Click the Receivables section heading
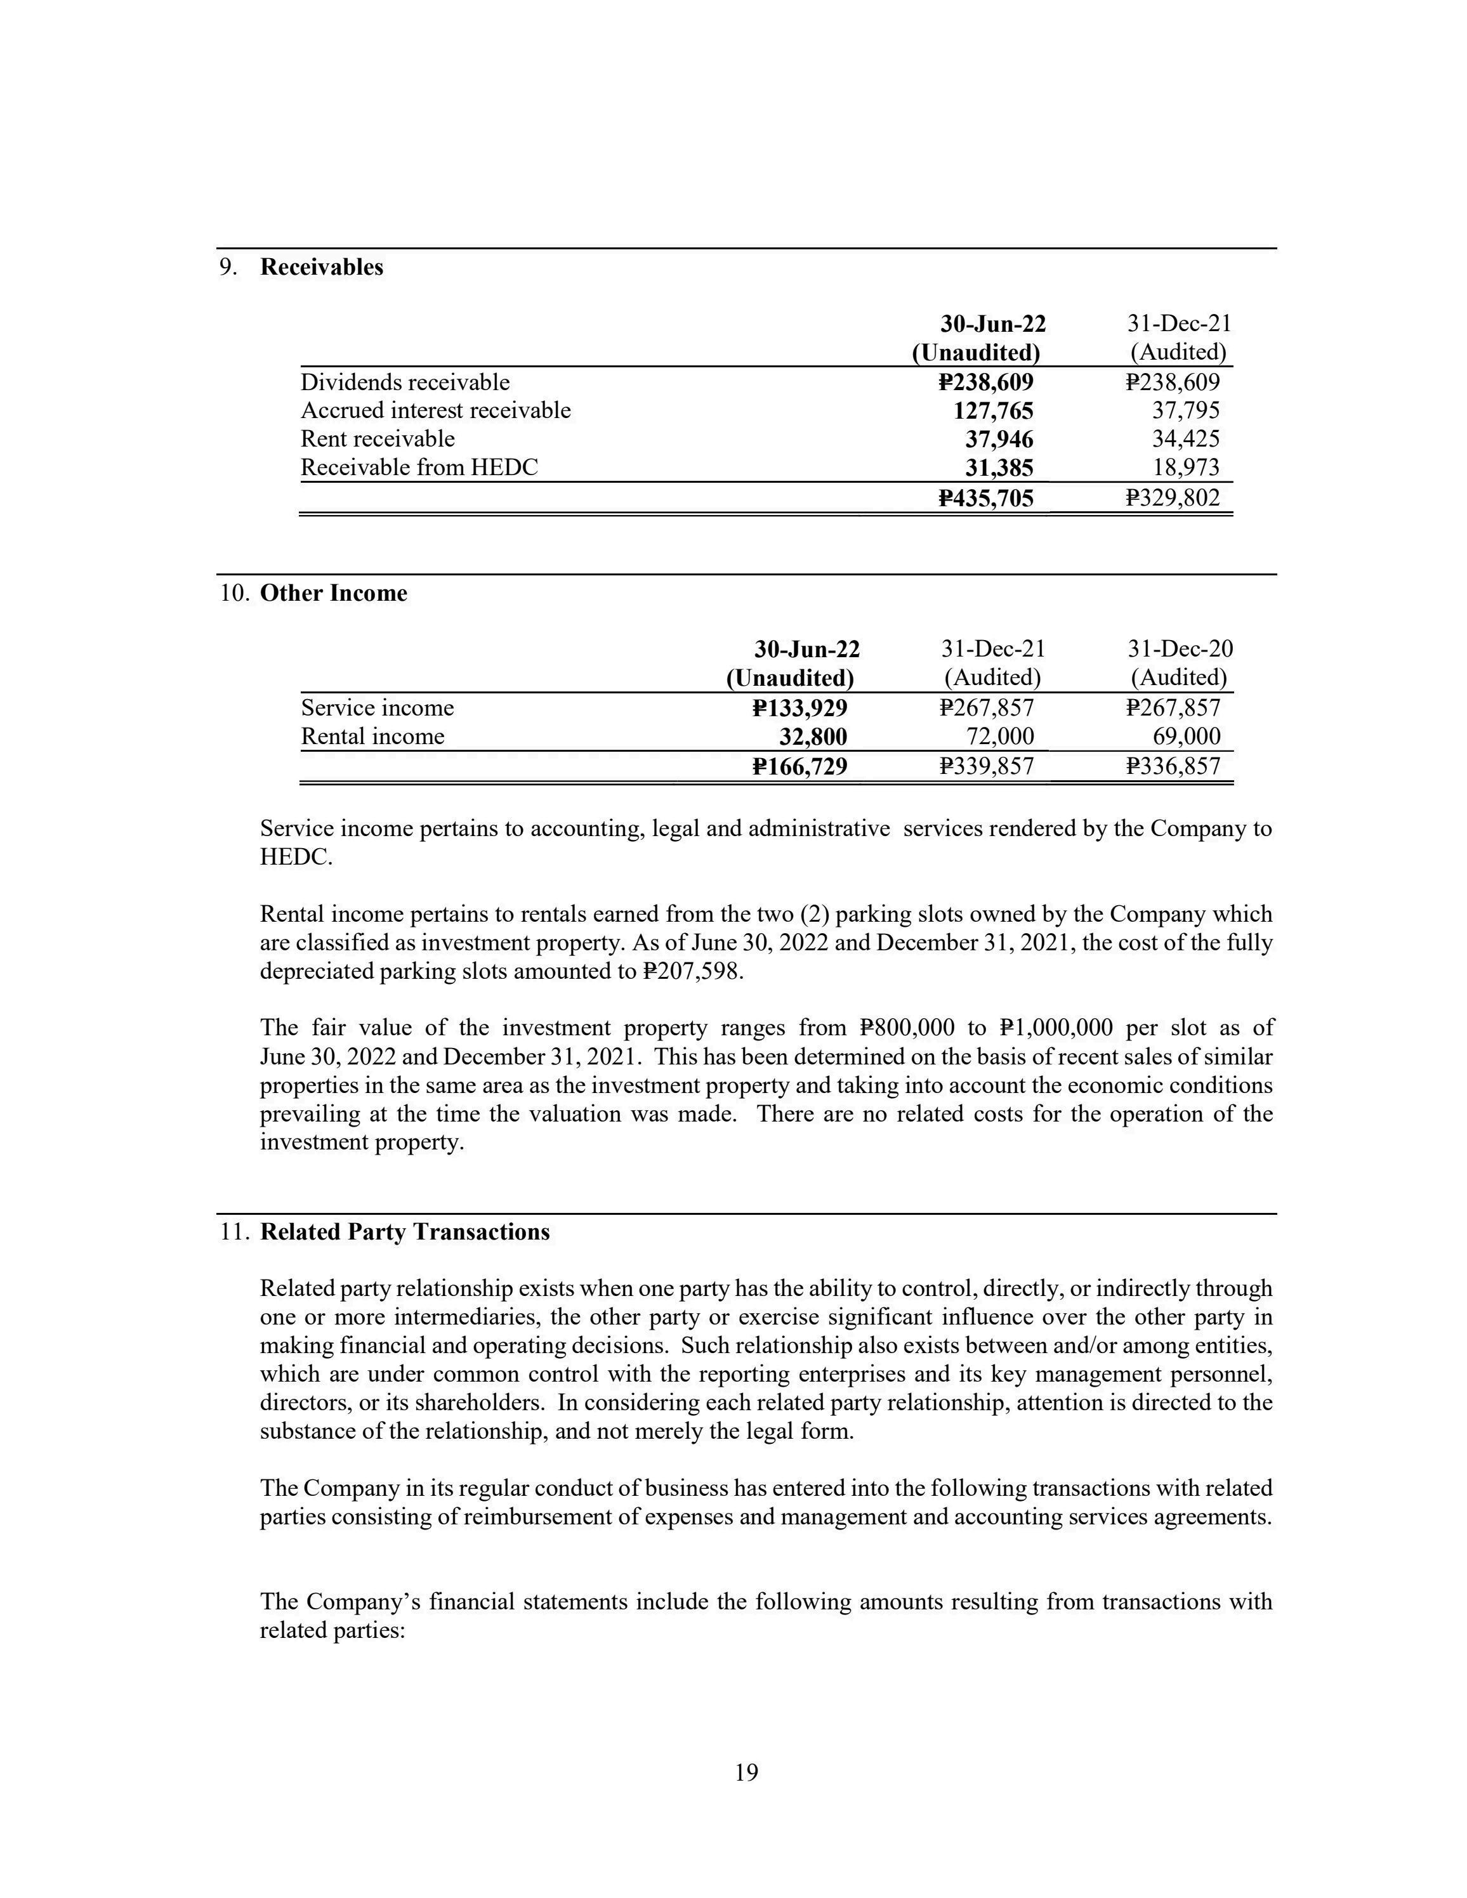322,267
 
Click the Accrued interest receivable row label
435,410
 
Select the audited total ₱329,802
1173,498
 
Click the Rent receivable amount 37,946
999,439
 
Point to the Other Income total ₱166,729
799,766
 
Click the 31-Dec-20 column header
1180,649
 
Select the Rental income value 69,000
1187,737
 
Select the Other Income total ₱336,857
1173,766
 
